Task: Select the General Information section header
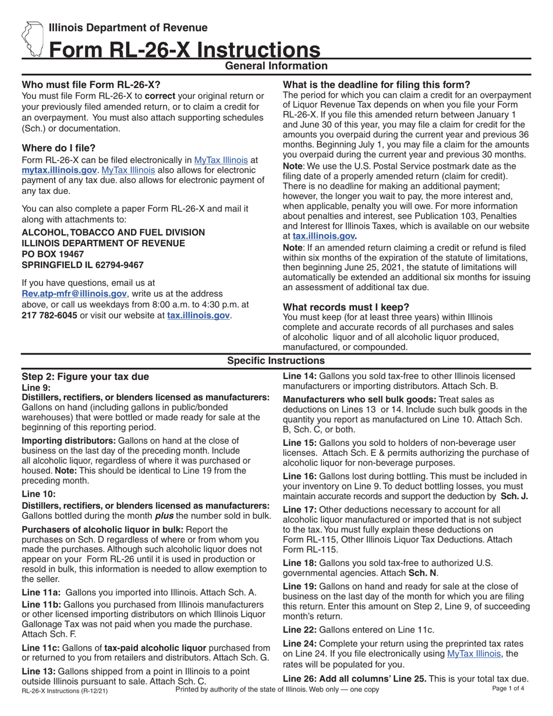click(x=276, y=66)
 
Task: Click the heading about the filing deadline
click(x=376, y=84)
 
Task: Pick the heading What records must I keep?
click(x=346, y=307)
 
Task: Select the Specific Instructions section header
click(x=276, y=361)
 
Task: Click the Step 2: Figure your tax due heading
click(x=85, y=377)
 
